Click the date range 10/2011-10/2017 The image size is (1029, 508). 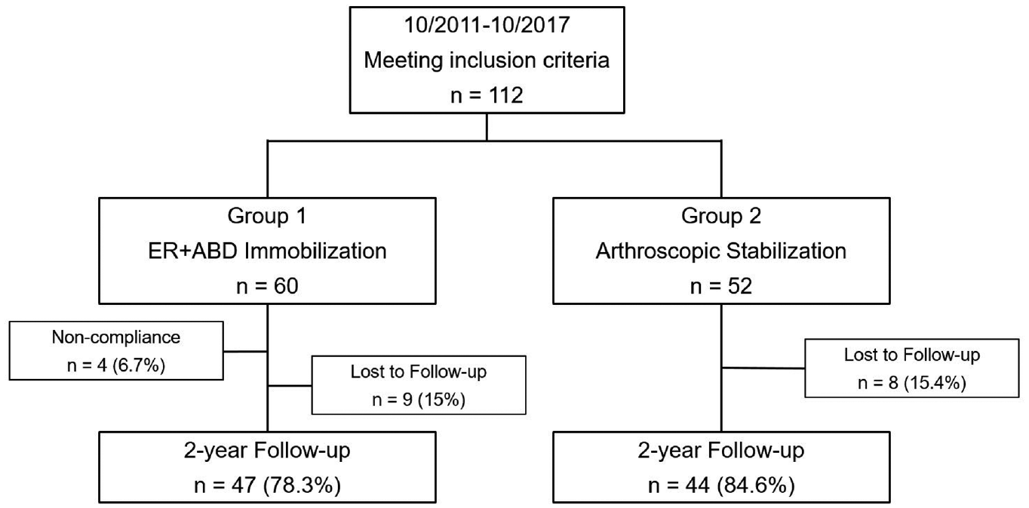[487, 24]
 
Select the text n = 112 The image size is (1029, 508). [487, 95]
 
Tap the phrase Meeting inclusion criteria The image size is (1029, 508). [487, 60]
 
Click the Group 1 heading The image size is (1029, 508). [267, 216]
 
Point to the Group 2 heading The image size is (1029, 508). [721, 216]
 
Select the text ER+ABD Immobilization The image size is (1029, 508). [267, 251]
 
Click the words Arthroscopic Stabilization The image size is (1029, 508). [721, 251]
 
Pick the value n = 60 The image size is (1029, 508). [267, 286]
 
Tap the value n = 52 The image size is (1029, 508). [721, 286]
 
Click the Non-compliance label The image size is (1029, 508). [116, 337]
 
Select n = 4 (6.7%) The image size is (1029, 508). [116, 365]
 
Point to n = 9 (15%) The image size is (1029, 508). [419, 399]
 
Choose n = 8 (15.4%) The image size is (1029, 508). [912, 383]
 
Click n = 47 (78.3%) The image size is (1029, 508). [267, 485]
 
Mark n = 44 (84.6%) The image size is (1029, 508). [721, 485]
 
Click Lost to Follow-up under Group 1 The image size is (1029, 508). [419, 371]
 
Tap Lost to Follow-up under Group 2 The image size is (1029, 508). [912, 355]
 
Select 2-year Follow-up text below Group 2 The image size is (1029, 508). [721, 451]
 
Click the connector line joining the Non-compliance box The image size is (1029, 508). [245, 352]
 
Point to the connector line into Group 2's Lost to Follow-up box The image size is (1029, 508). [763, 368]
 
